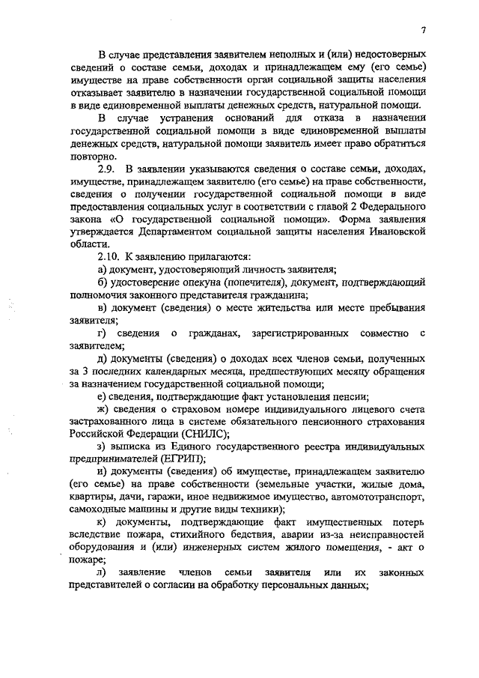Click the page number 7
pos(423,31)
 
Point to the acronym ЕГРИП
pos(182,458)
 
